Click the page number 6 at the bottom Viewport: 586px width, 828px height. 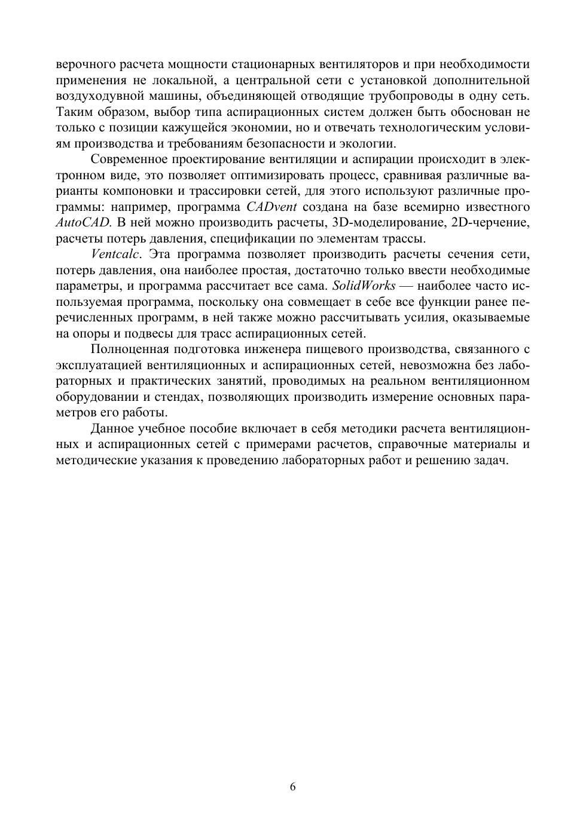[293, 787]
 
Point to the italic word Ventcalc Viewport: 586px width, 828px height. [115, 254]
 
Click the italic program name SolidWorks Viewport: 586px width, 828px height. [364, 286]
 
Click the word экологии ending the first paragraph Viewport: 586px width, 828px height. [371, 143]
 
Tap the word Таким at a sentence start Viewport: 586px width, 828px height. [72, 112]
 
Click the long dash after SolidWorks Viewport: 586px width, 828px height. [408, 286]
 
